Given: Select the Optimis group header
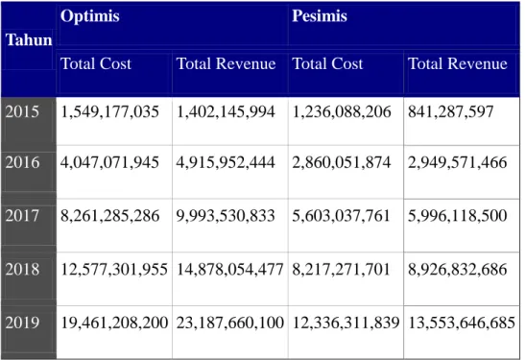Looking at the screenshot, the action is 89,15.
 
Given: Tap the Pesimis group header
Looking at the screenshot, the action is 320,15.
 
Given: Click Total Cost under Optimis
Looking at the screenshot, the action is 96,63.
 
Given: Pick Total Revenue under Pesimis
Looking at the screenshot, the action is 458,63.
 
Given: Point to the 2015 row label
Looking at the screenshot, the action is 22,111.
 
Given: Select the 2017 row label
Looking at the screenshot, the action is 22,215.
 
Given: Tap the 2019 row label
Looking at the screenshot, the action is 22,323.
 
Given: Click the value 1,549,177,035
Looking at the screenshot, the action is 109,112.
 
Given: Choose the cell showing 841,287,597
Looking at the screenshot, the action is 451,112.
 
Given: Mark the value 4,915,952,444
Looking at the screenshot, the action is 226,162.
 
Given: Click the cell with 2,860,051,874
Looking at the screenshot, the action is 342,162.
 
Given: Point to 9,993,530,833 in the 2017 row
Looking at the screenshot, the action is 226,216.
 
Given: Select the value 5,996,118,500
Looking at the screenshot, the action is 458,216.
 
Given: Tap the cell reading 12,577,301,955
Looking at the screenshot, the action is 114,270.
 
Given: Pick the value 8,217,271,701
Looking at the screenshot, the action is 341,270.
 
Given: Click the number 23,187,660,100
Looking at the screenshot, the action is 230,323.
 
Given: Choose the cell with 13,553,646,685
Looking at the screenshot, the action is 462,323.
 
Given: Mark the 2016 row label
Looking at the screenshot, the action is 22,162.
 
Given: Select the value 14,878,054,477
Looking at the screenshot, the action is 229,270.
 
